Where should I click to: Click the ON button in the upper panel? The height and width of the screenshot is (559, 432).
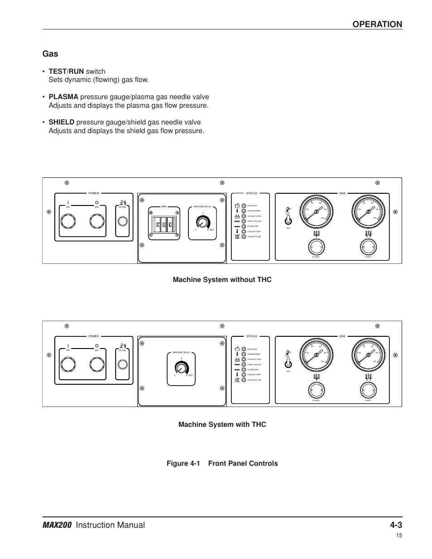click(68, 221)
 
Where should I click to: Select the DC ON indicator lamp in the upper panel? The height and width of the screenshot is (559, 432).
click(122, 221)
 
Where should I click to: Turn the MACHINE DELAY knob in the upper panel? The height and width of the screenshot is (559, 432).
click(202, 222)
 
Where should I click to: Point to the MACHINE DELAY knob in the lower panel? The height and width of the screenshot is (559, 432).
click(182, 368)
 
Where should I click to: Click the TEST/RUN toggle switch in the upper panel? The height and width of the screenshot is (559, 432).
click(288, 220)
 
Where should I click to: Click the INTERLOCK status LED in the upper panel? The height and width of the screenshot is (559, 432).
click(244, 205)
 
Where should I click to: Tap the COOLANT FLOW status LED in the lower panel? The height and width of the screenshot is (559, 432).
click(244, 380)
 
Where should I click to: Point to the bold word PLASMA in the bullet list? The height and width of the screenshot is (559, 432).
click(63, 97)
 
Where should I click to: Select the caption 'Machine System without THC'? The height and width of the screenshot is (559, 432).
click(222, 280)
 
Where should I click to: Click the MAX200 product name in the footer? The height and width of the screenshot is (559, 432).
click(58, 525)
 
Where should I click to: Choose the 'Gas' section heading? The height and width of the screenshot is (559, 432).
click(50, 53)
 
